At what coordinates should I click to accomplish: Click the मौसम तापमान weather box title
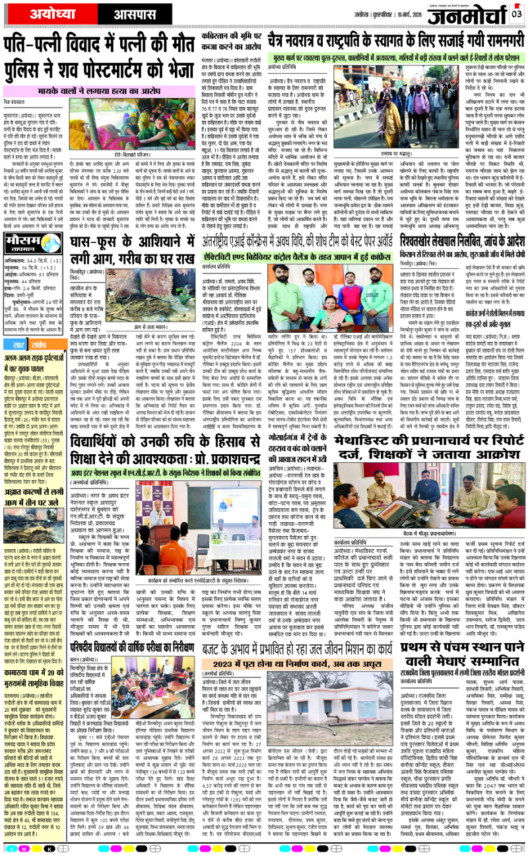tap(22, 226)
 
